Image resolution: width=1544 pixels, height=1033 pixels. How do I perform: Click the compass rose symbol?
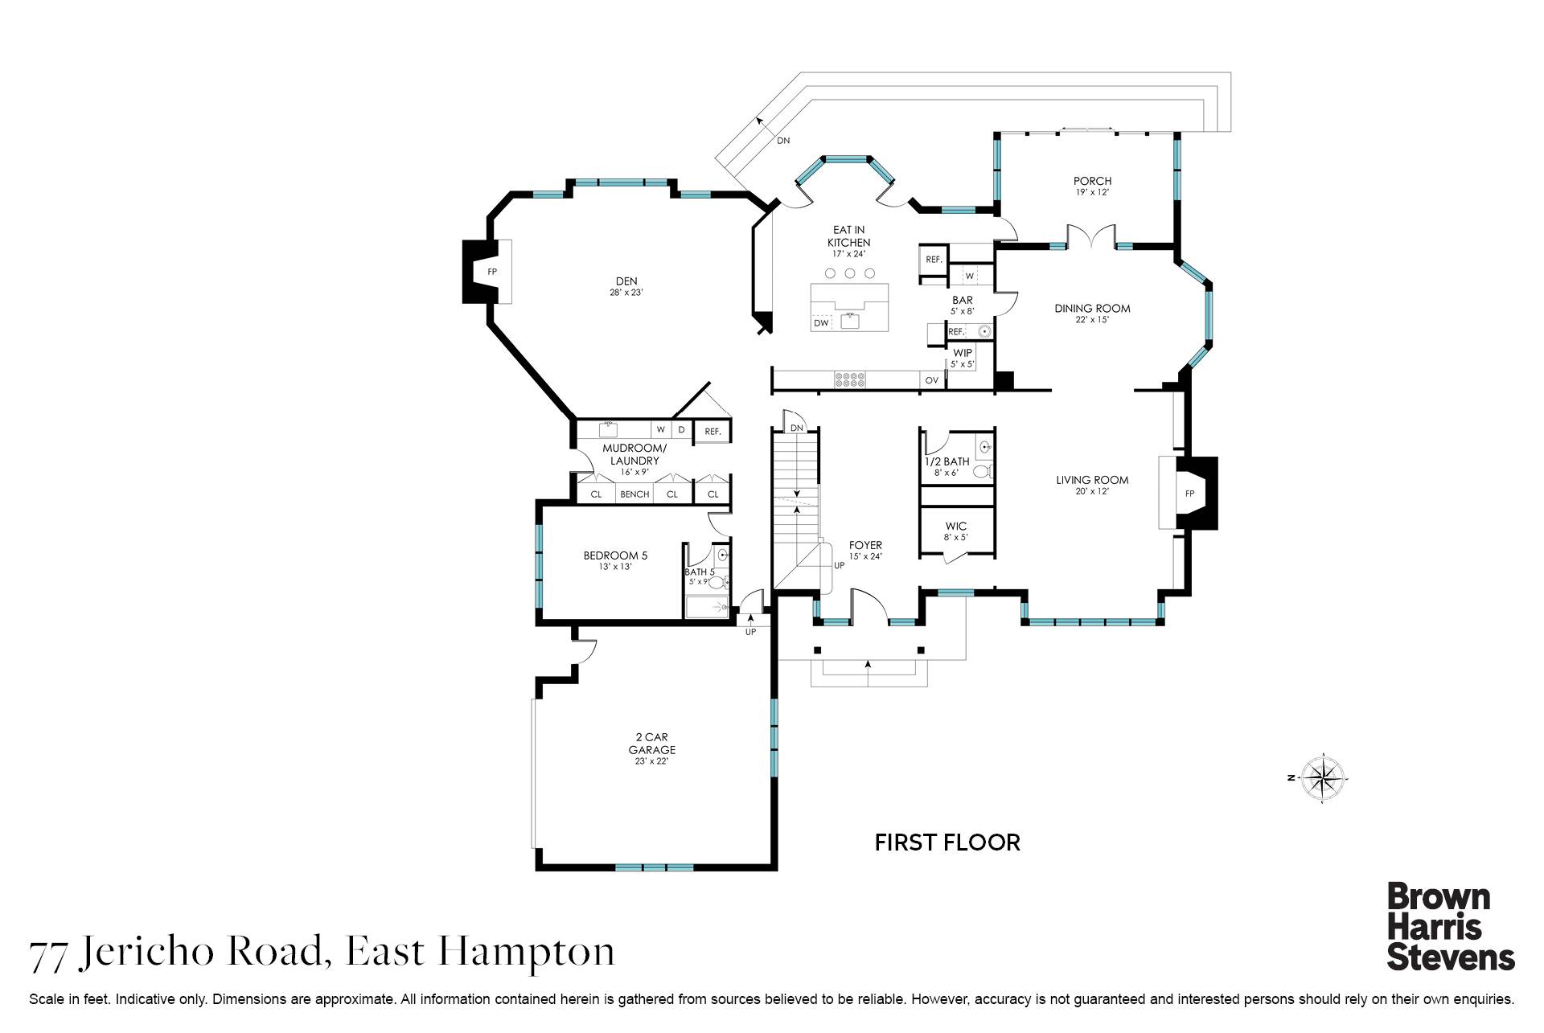pos(1322,778)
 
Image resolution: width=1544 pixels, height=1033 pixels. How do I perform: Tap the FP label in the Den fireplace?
pos(492,272)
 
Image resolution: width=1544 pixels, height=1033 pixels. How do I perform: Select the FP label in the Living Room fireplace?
pos(1189,494)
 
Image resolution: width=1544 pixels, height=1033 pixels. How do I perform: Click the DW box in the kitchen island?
pos(821,323)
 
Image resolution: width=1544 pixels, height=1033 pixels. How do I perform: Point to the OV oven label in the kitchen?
pos(932,380)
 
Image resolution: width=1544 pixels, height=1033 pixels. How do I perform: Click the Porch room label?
pos(1092,181)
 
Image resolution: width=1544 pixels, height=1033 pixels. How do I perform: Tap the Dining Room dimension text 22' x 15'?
pos(1092,320)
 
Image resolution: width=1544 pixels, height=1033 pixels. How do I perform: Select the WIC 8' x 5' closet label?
pos(956,531)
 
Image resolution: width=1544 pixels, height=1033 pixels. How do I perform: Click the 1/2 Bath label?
pos(947,461)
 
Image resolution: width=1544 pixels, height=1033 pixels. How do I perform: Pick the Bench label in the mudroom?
pos(634,494)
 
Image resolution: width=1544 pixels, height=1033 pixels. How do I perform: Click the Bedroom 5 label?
pos(615,555)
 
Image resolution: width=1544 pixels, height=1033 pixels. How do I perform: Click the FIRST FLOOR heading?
pos(947,842)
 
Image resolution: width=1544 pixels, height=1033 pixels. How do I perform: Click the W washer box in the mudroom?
pos(660,430)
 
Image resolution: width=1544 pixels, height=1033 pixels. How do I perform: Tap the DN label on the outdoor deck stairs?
pos(782,141)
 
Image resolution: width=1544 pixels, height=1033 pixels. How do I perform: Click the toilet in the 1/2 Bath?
pos(982,471)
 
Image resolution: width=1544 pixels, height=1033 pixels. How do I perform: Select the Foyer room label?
pos(865,545)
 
